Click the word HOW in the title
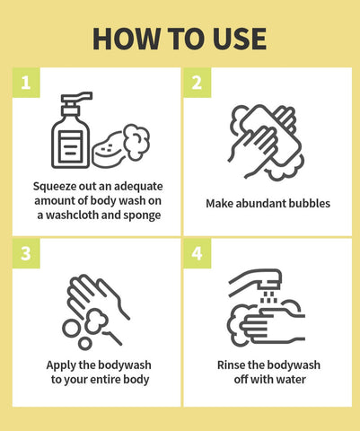127,39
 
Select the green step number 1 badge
26,83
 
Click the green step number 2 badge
198,83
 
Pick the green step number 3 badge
26,253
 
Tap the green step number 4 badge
198,253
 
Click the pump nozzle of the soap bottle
76,98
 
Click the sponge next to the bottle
108,151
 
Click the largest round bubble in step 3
72,329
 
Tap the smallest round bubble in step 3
85,343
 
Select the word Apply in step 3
61,365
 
